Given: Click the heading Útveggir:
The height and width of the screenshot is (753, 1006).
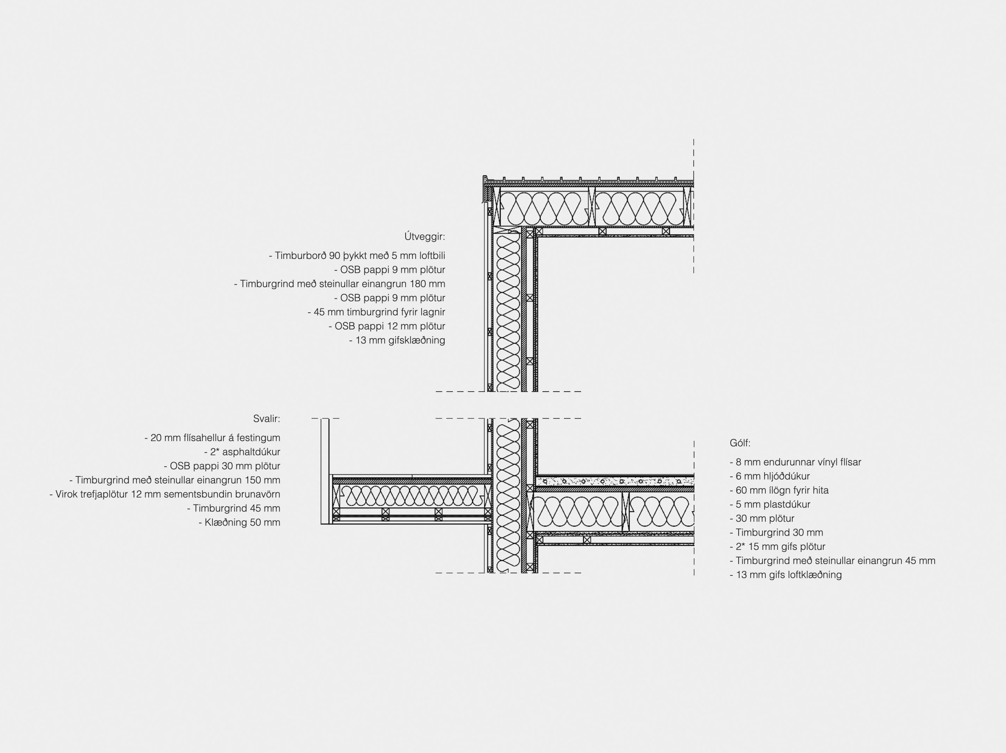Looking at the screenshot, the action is point(424,236).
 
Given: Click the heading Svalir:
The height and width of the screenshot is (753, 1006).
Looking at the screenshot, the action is point(267,419).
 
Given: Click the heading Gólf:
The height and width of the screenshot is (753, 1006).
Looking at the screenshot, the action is point(740,443).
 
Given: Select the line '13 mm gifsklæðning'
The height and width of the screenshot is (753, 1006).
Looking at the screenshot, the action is point(397,340).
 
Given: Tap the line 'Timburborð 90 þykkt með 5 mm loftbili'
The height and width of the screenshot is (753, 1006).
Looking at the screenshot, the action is point(357,256).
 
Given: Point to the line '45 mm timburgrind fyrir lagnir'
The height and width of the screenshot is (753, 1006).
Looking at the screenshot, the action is point(376,312).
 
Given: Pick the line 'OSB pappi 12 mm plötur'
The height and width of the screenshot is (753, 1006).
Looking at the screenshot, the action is point(387,326).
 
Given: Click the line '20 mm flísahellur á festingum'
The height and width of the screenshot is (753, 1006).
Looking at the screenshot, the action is point(212,438).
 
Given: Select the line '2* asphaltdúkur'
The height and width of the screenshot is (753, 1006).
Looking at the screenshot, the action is point(242,452).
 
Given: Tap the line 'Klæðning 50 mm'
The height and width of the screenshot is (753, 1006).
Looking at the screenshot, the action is point(239,523).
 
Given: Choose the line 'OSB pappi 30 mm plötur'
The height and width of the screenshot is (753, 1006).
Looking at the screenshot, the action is point(222,466).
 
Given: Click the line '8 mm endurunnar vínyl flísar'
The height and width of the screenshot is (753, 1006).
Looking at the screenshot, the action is point(795,462).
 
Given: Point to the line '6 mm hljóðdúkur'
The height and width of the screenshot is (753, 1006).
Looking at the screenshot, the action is point(770,476).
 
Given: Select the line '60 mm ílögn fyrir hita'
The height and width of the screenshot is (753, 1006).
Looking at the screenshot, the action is point(779,490).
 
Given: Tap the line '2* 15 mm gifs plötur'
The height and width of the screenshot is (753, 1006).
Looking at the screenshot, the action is point(777,546).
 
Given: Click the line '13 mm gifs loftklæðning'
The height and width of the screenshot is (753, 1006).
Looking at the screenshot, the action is point(786,575).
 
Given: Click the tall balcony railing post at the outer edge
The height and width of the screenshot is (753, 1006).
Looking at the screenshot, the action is point(325,471).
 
